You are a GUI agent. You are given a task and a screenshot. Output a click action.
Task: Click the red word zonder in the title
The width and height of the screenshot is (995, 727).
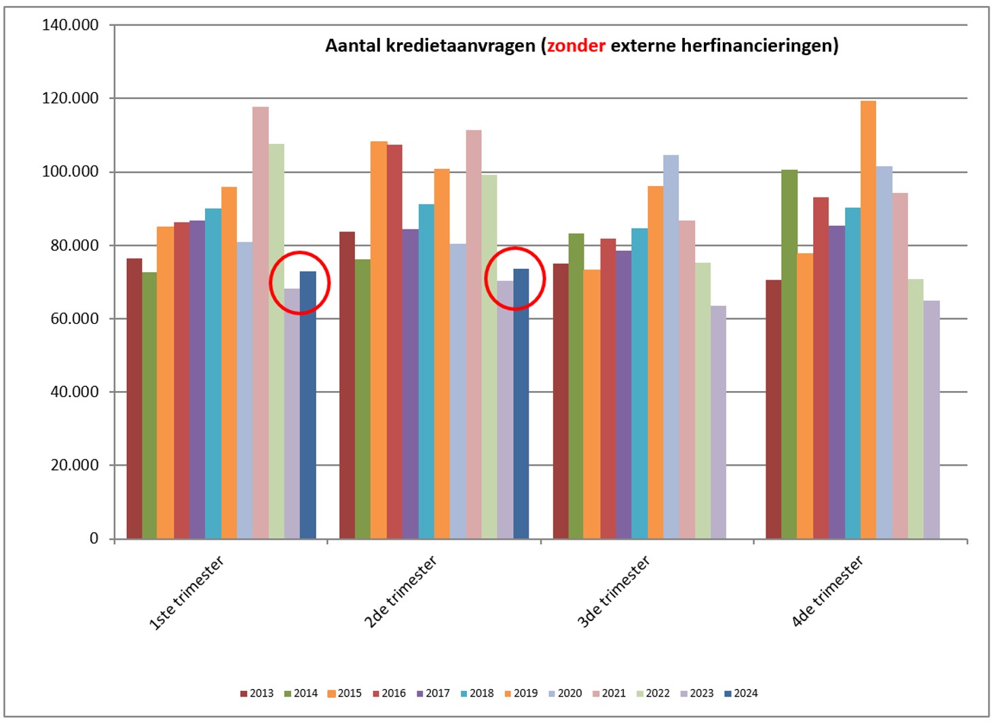tap(576, 45)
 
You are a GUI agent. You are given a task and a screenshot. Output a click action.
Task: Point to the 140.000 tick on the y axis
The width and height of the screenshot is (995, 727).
tap(70, 25)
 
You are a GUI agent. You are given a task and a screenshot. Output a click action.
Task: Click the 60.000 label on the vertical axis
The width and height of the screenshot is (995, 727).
tap(74, 318)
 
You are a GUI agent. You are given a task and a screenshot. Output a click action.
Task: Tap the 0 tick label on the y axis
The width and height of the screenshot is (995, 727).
tap(94, 538)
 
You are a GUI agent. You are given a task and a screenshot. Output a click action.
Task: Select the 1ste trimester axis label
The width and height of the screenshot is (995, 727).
tap(186, 593)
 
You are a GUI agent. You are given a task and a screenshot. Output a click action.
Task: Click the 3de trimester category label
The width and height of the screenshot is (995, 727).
tap(613, 592)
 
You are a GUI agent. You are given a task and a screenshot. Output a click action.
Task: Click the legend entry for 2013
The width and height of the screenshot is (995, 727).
tap(257, 693)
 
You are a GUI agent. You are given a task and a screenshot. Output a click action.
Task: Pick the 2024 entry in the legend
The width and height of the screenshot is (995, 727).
tap(741, 693)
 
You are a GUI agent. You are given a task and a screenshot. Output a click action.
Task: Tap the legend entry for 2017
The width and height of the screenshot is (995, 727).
tap(433, 693)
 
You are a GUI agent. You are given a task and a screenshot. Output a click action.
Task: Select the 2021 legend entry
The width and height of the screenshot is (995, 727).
tap(609, 693)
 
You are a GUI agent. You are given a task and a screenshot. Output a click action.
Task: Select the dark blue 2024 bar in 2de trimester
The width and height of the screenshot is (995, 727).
tap(521, 404)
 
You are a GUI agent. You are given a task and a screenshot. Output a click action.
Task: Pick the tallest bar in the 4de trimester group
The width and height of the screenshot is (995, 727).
tap(868, 319)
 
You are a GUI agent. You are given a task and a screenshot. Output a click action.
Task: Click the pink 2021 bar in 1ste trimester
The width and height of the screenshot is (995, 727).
tap(260, 322)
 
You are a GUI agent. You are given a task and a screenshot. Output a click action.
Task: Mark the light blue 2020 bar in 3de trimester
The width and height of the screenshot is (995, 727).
tap(671, 347)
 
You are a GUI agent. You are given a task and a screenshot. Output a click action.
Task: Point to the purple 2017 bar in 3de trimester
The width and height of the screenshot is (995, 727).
tap(623, 394)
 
